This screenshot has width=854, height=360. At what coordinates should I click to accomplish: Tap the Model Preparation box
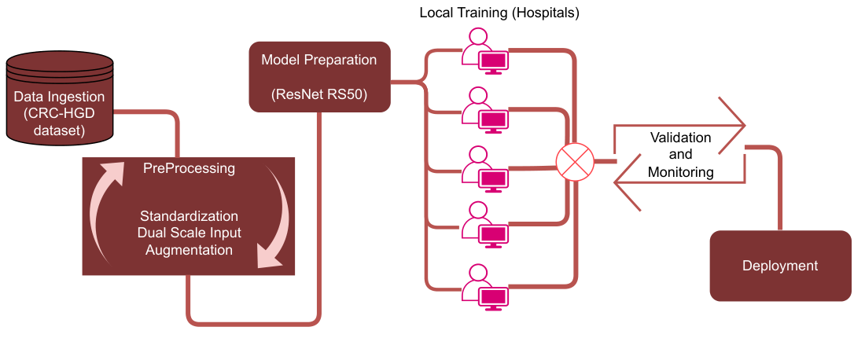320,77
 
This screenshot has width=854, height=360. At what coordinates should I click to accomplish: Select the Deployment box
780,266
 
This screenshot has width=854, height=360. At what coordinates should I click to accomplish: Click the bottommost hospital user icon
484,288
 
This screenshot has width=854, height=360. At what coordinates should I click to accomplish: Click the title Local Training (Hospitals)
499,13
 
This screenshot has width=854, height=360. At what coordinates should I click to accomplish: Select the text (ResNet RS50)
319,95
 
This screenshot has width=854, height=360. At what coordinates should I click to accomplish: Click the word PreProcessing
189,168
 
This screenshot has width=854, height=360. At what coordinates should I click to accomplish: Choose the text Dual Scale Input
190,233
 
